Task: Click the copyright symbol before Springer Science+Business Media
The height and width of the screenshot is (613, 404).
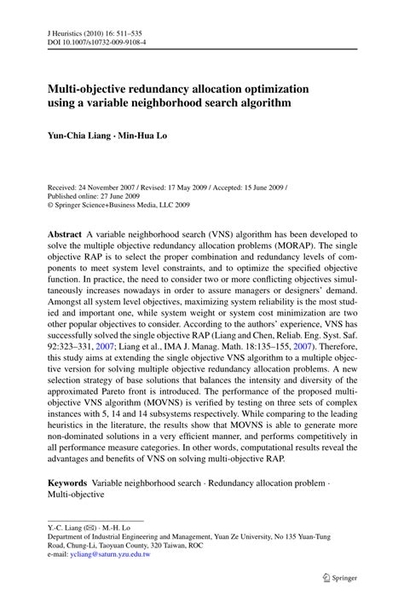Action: pos(50,205)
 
